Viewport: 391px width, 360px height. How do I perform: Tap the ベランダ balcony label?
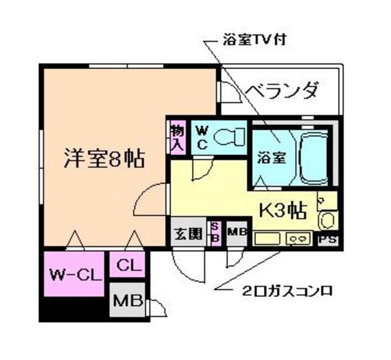(x=282, y=92)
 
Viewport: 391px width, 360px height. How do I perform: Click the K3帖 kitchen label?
(x=283, y=211)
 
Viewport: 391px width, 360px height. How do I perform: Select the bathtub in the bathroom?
(x=314, y=157)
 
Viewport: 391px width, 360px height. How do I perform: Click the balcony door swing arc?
(x=229, y=92)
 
